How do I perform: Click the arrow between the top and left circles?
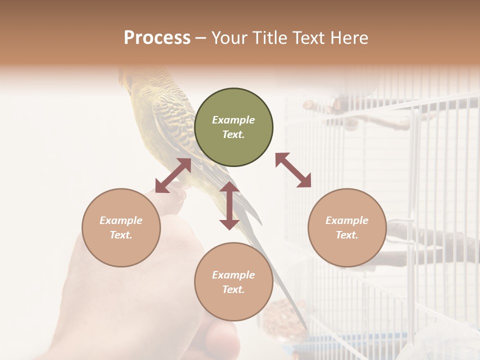point(173,175)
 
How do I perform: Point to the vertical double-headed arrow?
point(229,205)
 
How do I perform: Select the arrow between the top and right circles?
point(293,170)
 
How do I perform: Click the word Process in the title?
point(157,38)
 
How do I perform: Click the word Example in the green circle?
point(233,120)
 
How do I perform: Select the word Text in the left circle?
point(121,235)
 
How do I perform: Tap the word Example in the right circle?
point(347,220)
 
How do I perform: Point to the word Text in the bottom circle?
point(233,289)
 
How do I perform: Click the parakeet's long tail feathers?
point(280,280)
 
